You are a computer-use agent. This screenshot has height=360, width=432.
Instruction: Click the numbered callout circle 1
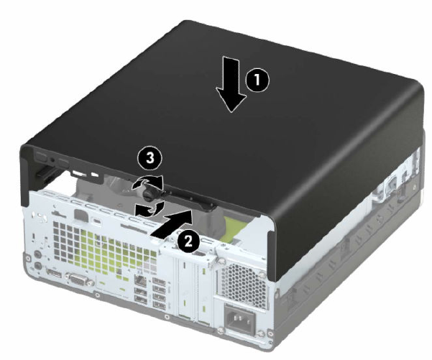[x=257, y=80]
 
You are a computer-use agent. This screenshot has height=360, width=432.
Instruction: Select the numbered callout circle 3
[x=150, y=159]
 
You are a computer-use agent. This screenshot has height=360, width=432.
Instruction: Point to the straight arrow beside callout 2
[x=171, y=223]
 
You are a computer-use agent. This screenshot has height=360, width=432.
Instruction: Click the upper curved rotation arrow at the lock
[x=147, y=183]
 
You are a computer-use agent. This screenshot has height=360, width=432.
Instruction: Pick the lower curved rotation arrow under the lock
[x=150, y=209]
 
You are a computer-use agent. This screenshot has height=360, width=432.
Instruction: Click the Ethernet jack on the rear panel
[x=141, y=281]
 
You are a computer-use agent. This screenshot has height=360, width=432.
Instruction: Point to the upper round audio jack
[x=37, y=254]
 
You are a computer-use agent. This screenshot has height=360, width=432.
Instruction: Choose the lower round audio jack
[x=38, y=266]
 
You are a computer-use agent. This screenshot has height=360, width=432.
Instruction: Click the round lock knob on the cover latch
[x=149, y=193]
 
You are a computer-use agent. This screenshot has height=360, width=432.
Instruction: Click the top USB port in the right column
[x=159, y=281]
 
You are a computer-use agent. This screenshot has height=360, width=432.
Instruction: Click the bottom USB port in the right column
[x=160, y=305]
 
